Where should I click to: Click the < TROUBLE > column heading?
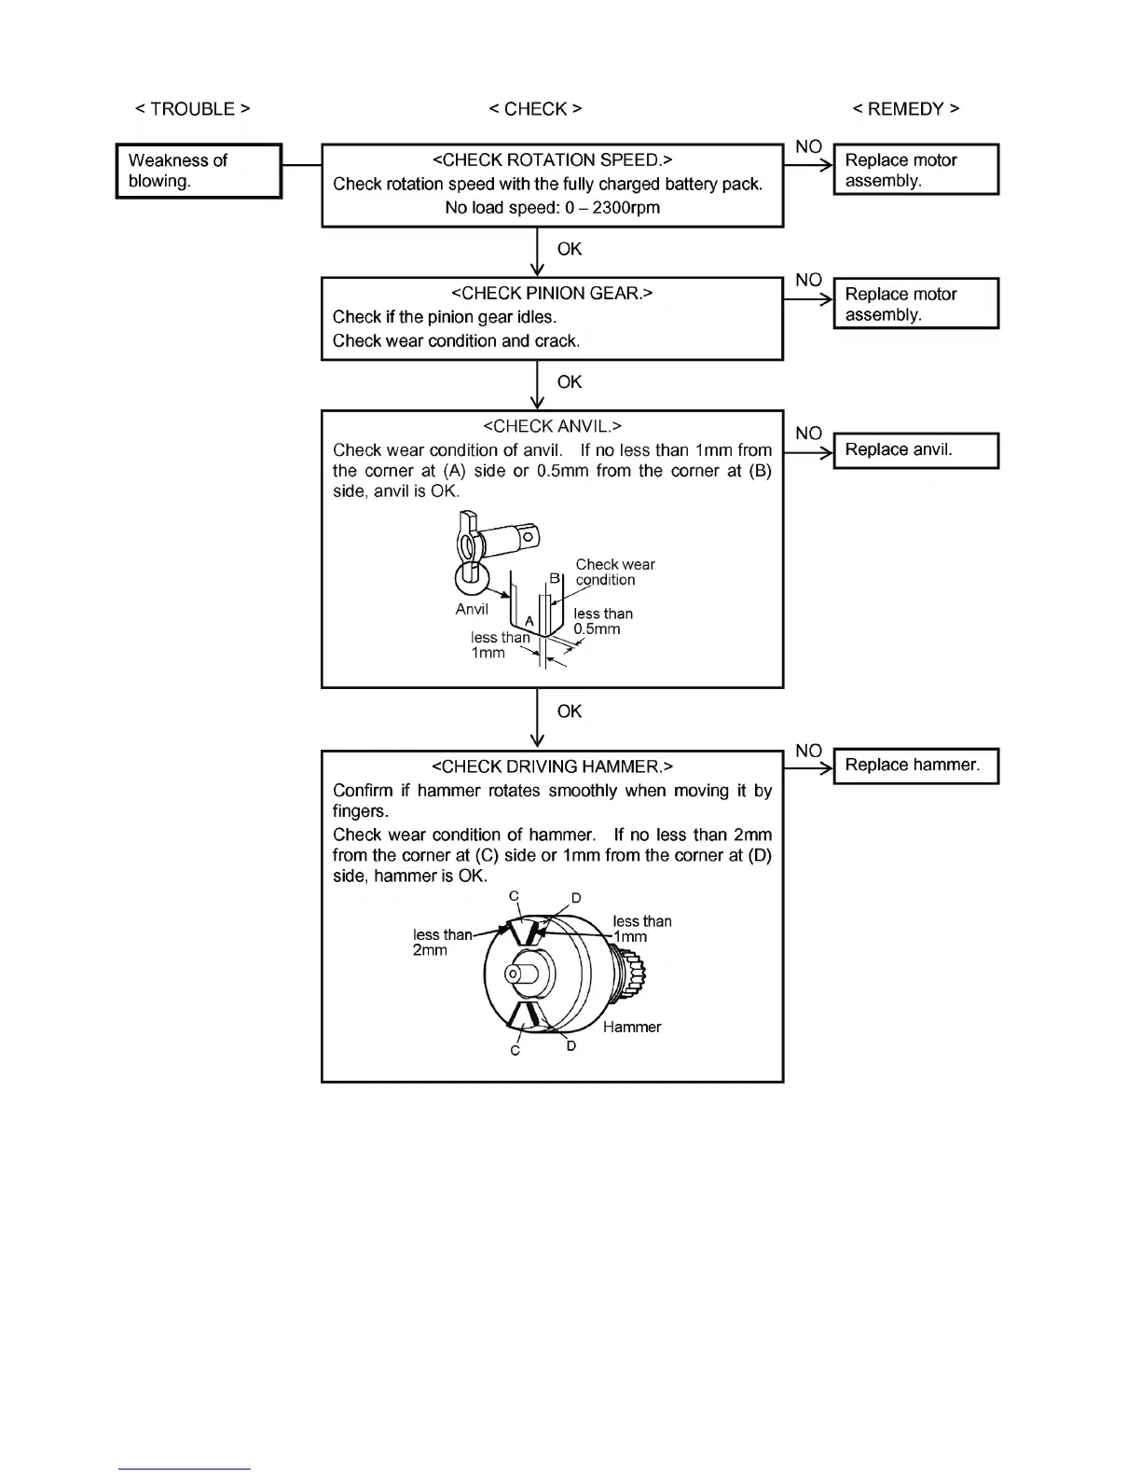[x=193, y=109]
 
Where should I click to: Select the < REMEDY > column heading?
[x=905, y=109]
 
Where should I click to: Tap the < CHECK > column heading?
[x=535, y=109]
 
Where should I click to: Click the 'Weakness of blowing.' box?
[x=199, y=171]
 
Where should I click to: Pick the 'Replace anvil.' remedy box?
[x=915, y=450]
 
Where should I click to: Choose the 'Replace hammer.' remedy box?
[x=915, y=766]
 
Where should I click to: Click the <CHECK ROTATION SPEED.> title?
[x=552, y=160]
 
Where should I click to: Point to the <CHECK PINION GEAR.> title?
[x=552, y=294]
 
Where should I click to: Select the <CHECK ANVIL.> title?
[x=552, y=427]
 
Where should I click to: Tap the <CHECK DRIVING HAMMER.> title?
[x=552, y=767]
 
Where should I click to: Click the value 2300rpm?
[x=625, y=208]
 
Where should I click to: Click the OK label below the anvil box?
[x=570, y=711]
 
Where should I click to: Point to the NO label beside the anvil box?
[x=808, y=434]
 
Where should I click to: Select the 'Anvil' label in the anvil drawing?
[x=472, y=610]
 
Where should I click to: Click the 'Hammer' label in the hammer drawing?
[x=632, y=1028]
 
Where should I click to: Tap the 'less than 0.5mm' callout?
[x=602, y=621]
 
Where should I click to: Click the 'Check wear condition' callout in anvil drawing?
[x=614, y=573]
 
